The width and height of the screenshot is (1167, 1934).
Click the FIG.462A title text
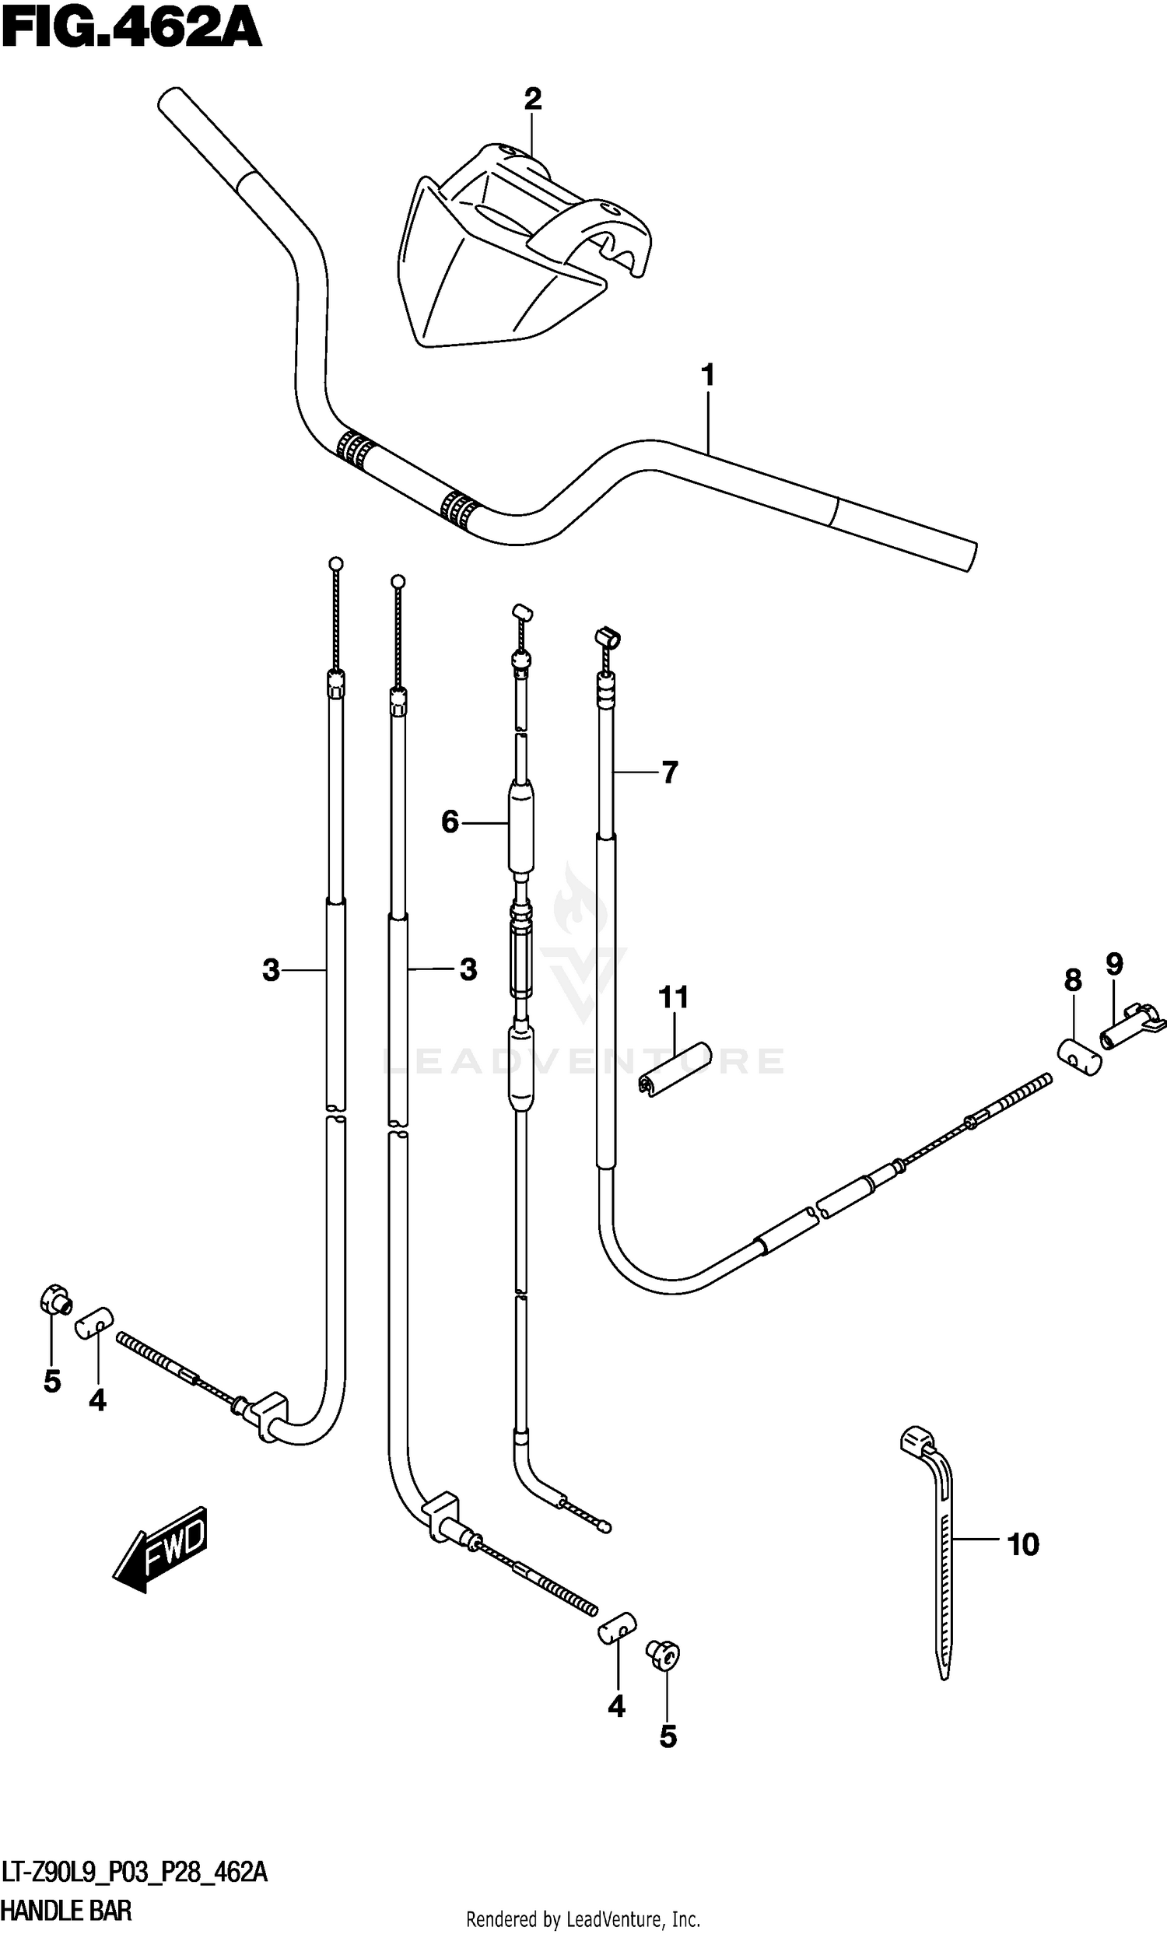point(131,31)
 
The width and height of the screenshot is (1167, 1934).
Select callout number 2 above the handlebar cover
point(532,100)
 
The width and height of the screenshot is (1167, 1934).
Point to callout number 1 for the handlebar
point(707,376)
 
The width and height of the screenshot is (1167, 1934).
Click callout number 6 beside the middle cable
point(450,822)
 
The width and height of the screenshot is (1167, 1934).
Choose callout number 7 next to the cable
point(668,773)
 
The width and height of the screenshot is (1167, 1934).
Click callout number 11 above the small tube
point(674,997)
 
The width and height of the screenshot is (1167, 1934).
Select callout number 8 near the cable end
point(1073,980)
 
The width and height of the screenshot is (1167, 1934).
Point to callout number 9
point(1114,964)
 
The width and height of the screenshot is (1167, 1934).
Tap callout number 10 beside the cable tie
point(1022,1545)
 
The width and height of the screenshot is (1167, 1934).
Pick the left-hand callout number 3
point(271,971)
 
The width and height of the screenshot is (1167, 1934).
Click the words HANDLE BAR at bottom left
point(66,1910)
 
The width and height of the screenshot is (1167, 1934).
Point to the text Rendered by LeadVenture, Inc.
point(583,1920)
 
